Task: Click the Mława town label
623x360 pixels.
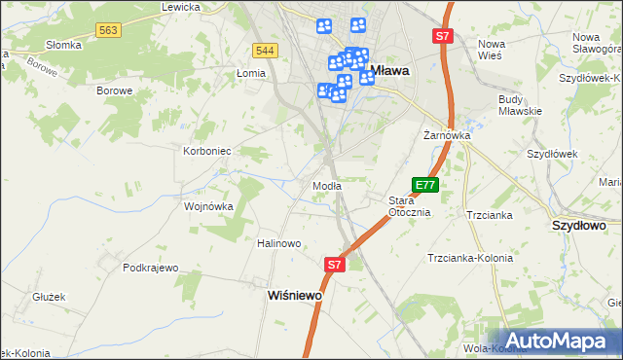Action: click(390, 70)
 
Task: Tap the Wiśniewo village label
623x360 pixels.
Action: click(295, 295)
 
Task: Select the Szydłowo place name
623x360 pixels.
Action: click(579, 225)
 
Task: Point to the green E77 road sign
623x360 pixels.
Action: click(425, 184)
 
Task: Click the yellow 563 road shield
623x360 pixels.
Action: click(108, 31)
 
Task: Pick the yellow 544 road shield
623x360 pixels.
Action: click(264, 50)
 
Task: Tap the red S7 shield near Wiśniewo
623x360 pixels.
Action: click(334, 264)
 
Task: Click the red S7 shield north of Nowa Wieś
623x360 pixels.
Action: click(443, 36)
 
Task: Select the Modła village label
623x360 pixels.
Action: click(326, 186)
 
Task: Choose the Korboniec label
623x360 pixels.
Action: click(207, 152)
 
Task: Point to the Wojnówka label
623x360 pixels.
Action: click(209, 206)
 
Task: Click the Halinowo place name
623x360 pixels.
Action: click(279, 243)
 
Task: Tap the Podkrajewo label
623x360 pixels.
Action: click(152, 268)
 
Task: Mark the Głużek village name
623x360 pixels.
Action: click(49, 297)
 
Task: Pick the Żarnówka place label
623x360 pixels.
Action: click(447, 135)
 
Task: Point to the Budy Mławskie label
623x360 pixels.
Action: click(520, 105)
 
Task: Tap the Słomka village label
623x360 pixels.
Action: click(63, 45)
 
